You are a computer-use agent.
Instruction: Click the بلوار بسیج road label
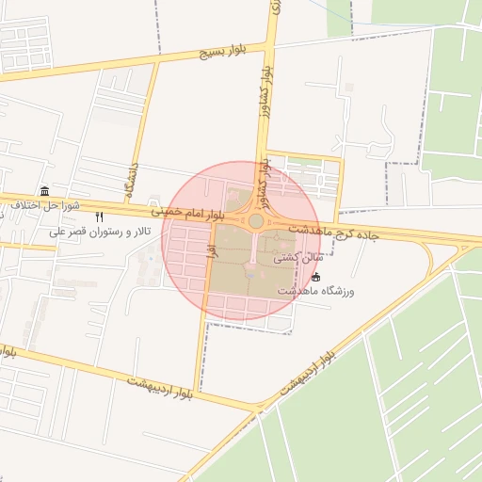pos(220,50)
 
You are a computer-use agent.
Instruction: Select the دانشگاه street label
pos(137,175)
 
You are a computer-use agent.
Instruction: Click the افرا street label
pos(212,250)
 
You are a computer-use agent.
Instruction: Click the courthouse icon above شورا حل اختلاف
pos(45,191)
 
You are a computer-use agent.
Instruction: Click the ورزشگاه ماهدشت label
pos(315,291)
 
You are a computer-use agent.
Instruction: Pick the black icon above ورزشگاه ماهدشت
pos(315,277)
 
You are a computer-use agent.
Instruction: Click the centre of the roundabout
pos(255,221)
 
